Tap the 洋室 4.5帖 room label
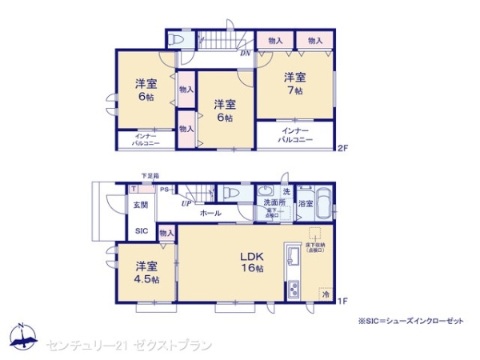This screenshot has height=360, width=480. [146, 272]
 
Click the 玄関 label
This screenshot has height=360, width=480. [140, 206]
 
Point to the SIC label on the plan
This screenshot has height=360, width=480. [141, 231]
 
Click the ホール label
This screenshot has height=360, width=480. [210, 214]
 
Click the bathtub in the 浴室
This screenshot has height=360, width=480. [322, 204]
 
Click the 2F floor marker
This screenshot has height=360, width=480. [342, 148]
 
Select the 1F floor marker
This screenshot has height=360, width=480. [342, 301]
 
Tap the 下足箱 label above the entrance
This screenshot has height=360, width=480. [150, 176]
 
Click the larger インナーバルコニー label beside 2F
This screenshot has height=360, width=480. [294, 134]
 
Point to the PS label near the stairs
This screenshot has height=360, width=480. [164, 190]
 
